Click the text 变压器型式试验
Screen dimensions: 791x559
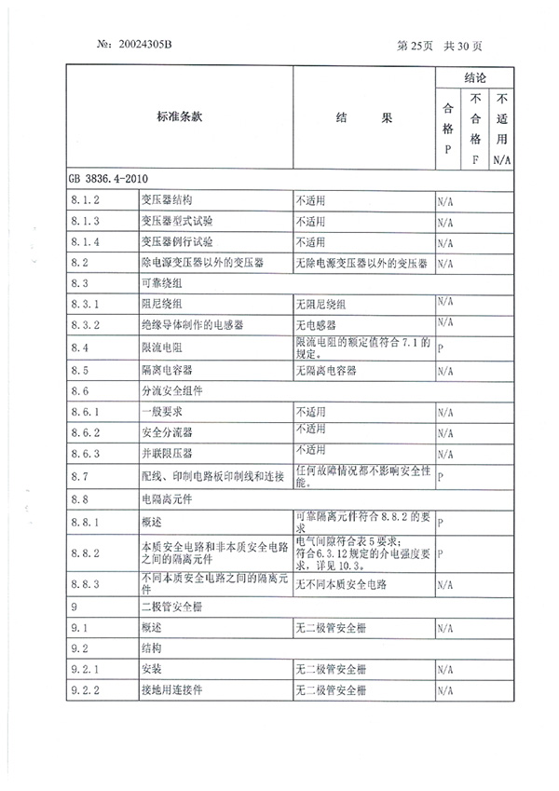click(177, 221)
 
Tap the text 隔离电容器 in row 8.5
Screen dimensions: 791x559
click(164, 369)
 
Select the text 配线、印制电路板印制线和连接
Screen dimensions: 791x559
click(212, 475)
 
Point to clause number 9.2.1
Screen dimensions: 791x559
click(85, 668)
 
